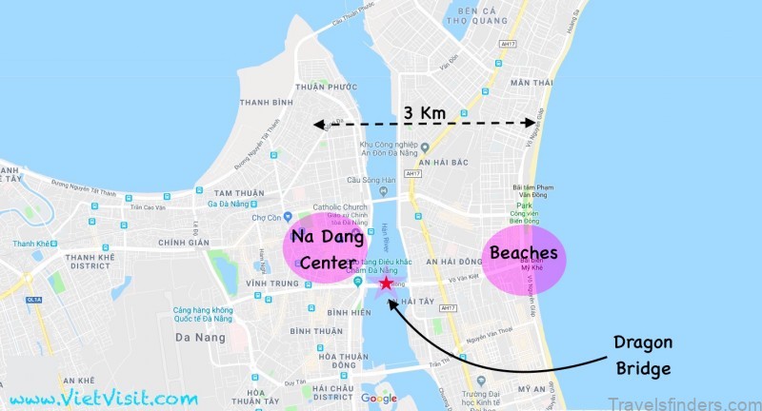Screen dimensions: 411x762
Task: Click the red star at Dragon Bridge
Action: click(x=385, y=283)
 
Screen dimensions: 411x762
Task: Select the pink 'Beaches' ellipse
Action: click(x=523, y=254)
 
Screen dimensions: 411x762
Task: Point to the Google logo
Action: click(x=379, y=398)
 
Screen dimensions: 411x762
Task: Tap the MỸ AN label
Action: click(x=529, y=388)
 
